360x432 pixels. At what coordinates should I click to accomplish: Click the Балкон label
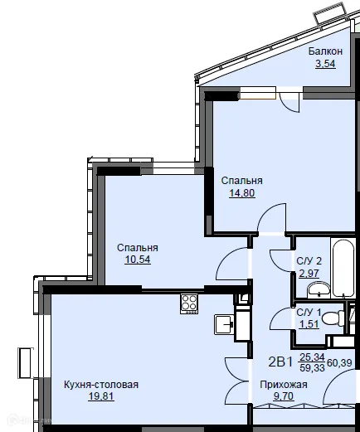tap(325, 51)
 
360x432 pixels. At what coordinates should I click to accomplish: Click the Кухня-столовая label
tap(100, 385)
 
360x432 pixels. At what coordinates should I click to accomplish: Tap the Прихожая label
tap(284, 385)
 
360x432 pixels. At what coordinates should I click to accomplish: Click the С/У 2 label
tap(309, 262)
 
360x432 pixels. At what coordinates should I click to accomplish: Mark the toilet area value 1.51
tap(308, 323)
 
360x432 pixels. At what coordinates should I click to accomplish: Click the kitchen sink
tap(221, 323)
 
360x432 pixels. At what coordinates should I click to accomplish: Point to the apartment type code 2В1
tap(282, 362)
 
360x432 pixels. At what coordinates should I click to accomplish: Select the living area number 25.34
tap(311, 357)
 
